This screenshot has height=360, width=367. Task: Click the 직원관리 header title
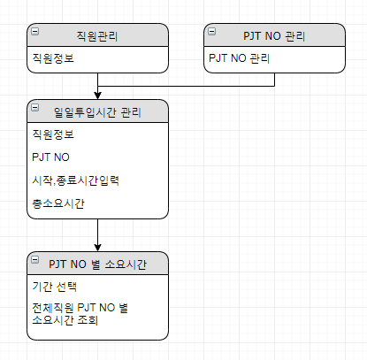click(x=97, y=36)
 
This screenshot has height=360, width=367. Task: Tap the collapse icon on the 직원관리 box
click(x=34, y=31)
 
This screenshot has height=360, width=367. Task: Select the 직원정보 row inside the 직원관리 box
click(x=53, y=58)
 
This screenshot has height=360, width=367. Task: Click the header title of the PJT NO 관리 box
click(x=274, y=36)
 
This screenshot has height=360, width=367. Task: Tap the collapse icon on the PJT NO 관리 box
click(x=211, y=31)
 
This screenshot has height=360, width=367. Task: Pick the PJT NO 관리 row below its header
click(x=239, y=58)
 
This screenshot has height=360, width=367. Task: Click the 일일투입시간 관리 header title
click(x=97, y=112)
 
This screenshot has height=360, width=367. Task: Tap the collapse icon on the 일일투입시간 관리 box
click(x=34, y=107)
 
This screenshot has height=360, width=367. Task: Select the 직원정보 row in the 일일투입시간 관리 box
click(x=53, y=134)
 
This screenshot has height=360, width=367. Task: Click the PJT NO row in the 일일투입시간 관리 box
click(x=50, y=157)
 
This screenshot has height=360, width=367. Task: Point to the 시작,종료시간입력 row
click(x=76, y=180)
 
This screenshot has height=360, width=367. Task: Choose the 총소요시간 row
click(x=58, y=203)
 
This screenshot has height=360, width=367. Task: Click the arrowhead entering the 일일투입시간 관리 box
click(x=97, y=96)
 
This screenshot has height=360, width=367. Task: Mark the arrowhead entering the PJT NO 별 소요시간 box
click(x=97, y=248)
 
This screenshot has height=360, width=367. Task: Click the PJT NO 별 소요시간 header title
click(x=97, y=264)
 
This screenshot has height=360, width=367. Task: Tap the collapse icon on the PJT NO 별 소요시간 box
click(x=34, y=259)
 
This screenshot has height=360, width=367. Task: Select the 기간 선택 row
click(x=55, y=287)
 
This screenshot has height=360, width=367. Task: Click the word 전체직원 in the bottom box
click(x=53, y=308)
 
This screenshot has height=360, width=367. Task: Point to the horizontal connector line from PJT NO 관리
click(x=186, y=86)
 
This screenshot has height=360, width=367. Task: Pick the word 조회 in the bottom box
click(x=88, y=320)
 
